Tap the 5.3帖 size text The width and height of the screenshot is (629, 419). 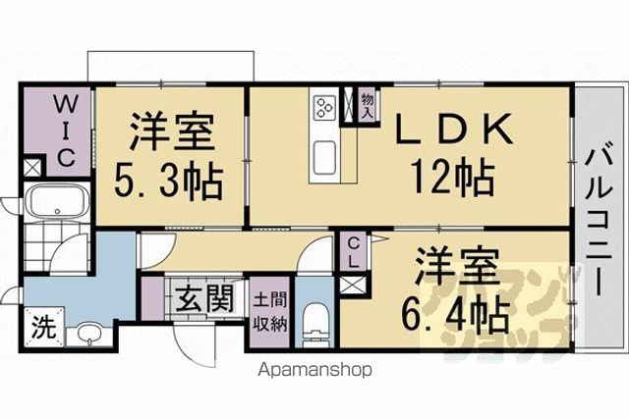pyautogui.click(x=168, y=181)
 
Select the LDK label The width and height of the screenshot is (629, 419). pyautogui.click(x=454, y=129)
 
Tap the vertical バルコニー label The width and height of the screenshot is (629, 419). pyautogui.click(x=600, y=223)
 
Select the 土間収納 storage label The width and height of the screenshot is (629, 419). pyautogui.click(x=270, y=312)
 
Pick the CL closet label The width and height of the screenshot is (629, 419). pyautogui.click(x=354, y=252)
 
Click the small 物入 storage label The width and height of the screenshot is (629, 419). pyautogui.click(x=368, y=106)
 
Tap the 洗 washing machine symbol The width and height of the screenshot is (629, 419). pyautogui.click(x=44, y=328)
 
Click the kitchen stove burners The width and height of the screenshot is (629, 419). pyautogui.click(x=325, y=106)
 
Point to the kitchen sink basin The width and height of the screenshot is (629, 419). pyautogui.click(x=324, y=157)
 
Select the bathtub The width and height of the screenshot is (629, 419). pyautogui.click(x=57, y=201)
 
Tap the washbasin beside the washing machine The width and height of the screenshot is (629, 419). pyautogui.click(x=88, y=334)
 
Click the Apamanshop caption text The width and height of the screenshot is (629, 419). pyautogui.click(x=315, y=370)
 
